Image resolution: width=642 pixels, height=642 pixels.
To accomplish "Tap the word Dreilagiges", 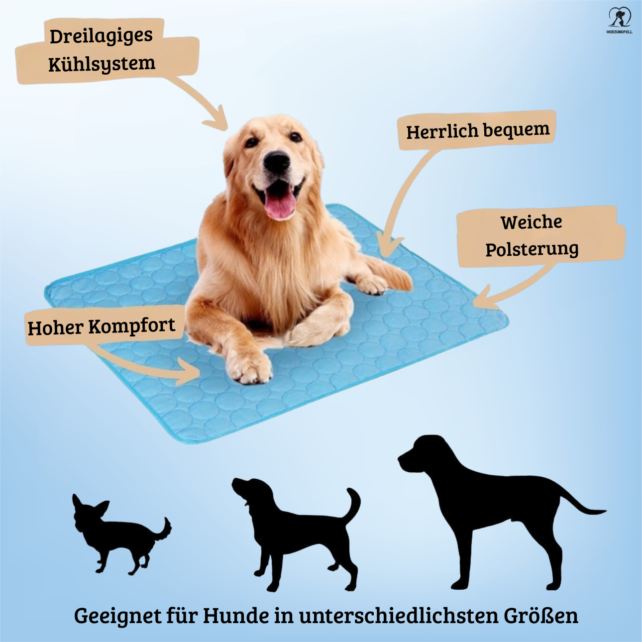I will [x=101, y=36].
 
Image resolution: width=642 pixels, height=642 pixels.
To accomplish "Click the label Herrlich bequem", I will [x=477, y=131].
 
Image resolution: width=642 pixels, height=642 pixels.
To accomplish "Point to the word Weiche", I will [x=531, y=222].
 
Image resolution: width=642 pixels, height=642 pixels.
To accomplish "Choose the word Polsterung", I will [x=532, y=249].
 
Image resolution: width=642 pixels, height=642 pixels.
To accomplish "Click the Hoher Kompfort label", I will [x=101, y=327].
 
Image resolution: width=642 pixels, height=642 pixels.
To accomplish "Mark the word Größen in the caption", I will [x=541, y=616].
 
